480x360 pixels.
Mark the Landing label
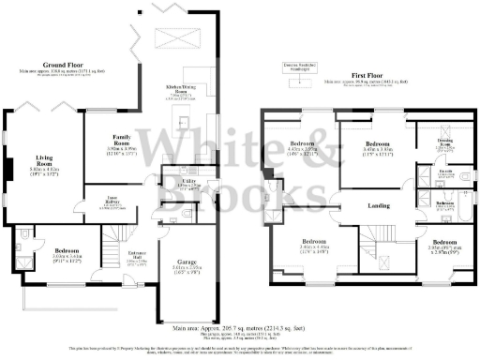pos(379,205)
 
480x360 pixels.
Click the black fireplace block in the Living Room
pos(8,168)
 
